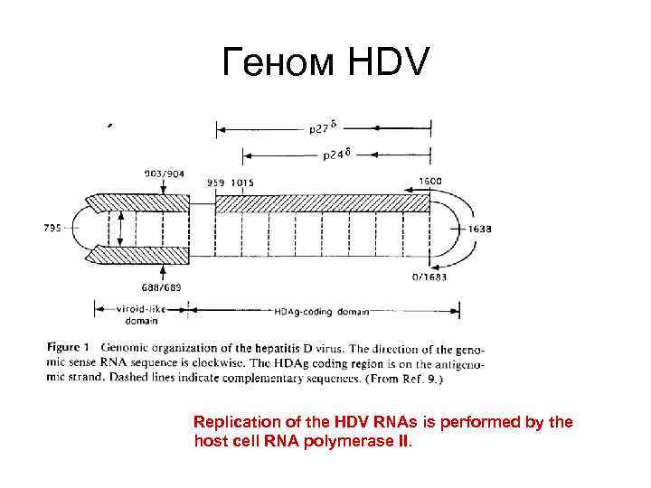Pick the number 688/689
(x=164, y=286)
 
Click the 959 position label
(x=216, y=182)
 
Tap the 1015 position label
(x=241, y=182)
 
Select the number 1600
(x=429, y=181)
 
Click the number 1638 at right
(x=479, y=230)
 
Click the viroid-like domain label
(x=141, y=313)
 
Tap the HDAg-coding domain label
(x=321, y=312)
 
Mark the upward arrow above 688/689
(x=164, y=271)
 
